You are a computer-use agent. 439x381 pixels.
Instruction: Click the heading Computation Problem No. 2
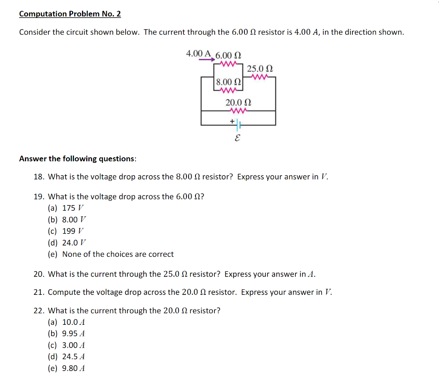click(70, 14)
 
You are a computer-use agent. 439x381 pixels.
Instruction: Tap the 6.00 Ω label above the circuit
click(228, 56)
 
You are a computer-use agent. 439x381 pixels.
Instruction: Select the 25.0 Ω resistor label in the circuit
click(260, 69)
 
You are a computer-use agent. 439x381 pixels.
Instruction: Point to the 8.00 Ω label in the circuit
click(228, 81)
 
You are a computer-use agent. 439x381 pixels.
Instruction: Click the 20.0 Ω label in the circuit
click(238, 102)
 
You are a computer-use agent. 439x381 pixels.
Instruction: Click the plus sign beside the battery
click(232, 121)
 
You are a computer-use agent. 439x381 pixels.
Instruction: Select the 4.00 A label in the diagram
click(198, 54)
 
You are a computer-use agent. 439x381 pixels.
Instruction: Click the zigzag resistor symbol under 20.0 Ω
click(238, 111)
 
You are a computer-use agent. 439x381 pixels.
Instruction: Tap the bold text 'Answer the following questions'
click(78, 159)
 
